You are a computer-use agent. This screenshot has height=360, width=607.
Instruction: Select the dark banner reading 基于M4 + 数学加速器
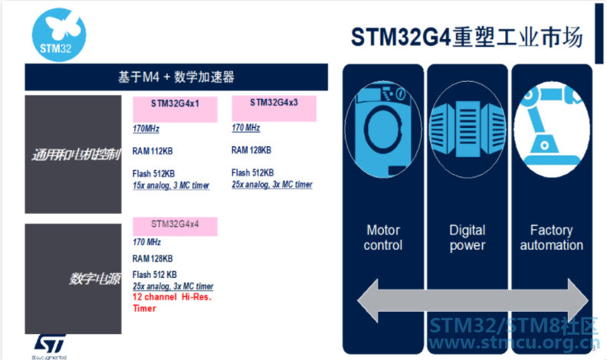tap(176, 77)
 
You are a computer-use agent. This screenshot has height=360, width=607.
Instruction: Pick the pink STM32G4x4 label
tap(175, 225)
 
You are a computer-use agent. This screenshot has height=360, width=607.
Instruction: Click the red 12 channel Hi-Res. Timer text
tap(172, 302)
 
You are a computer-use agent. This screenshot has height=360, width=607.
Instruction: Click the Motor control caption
tap(383, 237)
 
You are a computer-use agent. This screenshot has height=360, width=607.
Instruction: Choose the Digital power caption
tap(468, 237)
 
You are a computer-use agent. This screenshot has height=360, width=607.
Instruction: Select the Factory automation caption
tap(552, 237)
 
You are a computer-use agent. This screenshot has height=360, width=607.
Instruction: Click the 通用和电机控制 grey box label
tap(74, 155)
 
